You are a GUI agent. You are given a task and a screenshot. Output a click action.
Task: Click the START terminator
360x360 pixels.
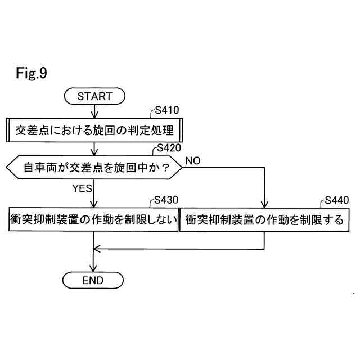point(94,96)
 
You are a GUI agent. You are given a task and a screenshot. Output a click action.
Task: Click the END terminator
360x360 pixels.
point(93,280)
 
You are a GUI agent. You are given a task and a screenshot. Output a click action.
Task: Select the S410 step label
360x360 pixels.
point(166,111)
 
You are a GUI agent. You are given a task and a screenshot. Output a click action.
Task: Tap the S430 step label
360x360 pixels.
point(166,201)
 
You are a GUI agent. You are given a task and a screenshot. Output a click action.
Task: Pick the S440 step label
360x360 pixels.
point(336,201)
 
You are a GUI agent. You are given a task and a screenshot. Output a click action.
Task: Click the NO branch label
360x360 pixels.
point(193,161)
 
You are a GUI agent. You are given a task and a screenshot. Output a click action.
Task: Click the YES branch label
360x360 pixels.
point(82,188)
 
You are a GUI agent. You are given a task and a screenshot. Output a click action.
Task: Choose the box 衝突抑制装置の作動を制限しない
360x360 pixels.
point(93,219)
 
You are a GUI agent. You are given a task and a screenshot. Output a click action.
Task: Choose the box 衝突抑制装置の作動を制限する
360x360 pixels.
point(264,219)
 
